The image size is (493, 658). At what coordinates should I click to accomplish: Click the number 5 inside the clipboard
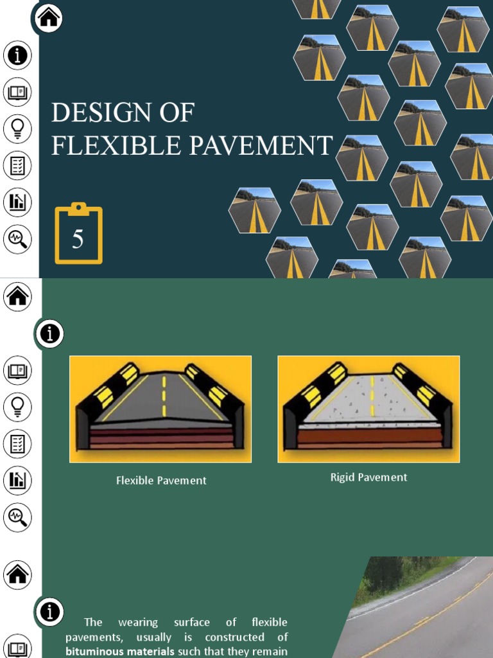pyautogui.click(x=78, y=240)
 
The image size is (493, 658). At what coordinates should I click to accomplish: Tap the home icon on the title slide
pyautogui.click(x=49, y=18)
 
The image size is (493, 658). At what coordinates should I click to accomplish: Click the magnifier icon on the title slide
pyautogui.click(x=17, y=240)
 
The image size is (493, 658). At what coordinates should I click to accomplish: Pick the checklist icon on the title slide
pyautogui.click(x=17, y=166)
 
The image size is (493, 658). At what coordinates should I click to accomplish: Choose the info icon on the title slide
pyautogui.click(x=17, y=55)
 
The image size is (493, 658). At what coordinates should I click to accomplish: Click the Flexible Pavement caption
pyautogui.click(x=161, y=481)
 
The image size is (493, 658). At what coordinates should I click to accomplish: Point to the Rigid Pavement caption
pyautogui.click(x=368, y=477)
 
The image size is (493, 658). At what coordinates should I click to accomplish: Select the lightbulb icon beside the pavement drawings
pyautogui.click(x=17, y=407)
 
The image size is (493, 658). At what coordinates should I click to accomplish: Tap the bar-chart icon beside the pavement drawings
pyautogui.click(x=17, y=480)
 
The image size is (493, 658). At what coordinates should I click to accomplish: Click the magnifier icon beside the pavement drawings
pyautogui.click(x=17, y=517)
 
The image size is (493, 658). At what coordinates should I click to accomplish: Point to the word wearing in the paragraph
pyautogui.click(x=137, y=622)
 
